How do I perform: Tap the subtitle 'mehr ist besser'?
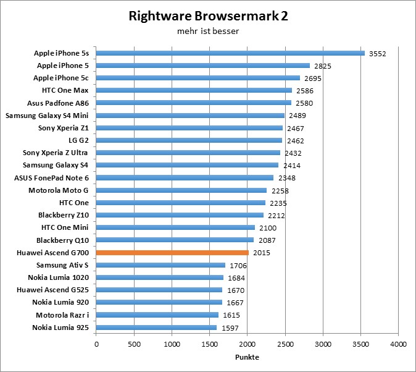(208, 30)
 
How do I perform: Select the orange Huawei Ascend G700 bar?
(172, 252)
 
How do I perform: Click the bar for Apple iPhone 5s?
(230, 53)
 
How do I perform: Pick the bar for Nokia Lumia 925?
(156, 327)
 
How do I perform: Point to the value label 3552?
(377, 54)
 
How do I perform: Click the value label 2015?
(262, 253)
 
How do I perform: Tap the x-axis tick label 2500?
(285, 343)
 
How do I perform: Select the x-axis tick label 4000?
(398, 343)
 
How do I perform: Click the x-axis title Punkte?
(246, 357)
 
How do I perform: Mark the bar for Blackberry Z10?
(180, 215)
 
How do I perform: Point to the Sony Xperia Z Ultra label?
(56, 153)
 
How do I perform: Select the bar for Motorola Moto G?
(181, 190)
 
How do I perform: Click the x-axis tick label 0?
(96, 343)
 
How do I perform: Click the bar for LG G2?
(189, 140)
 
